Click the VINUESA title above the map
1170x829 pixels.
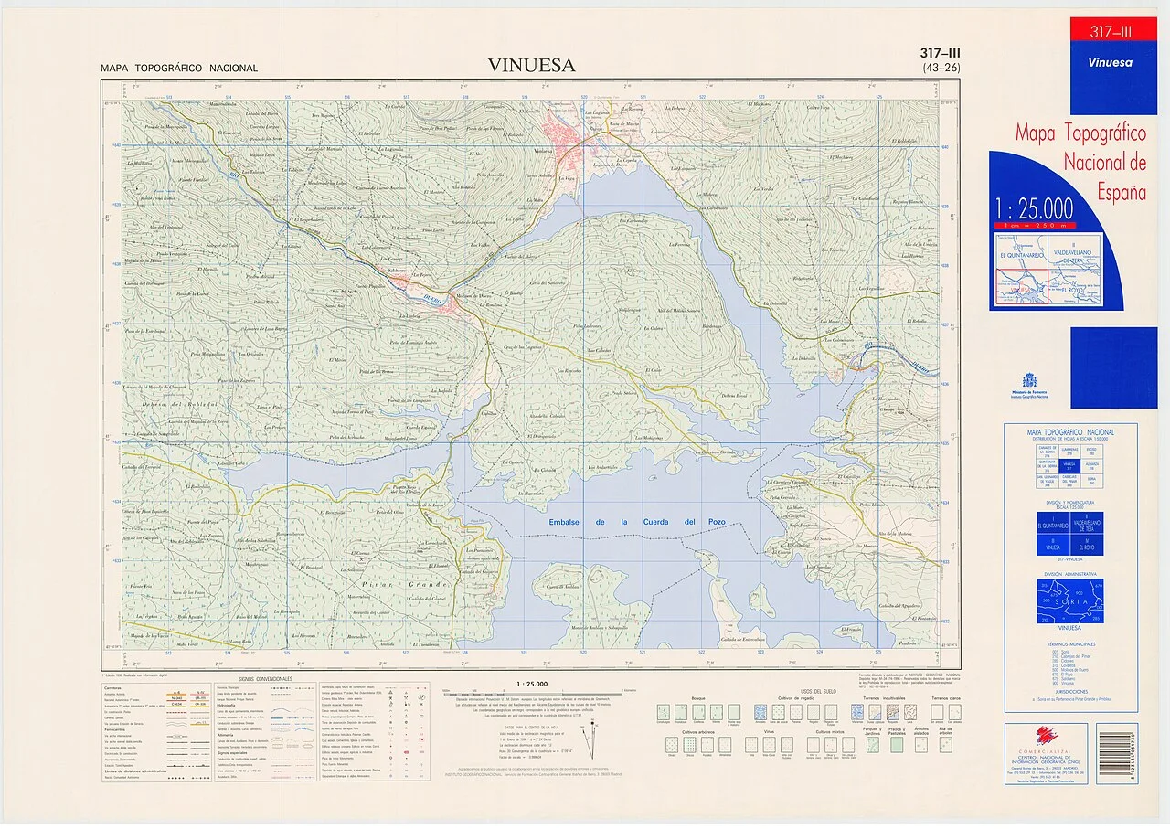[531, 65]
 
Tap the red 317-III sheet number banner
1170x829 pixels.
[1111, 32]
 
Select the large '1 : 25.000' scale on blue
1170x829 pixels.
[1035, 209]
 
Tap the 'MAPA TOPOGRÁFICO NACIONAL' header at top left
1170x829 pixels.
[179, 69]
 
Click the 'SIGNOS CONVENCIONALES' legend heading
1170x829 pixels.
[265, 679]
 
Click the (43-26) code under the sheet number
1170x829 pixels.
[941, 68]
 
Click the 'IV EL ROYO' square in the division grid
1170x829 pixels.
[1088, 545]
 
